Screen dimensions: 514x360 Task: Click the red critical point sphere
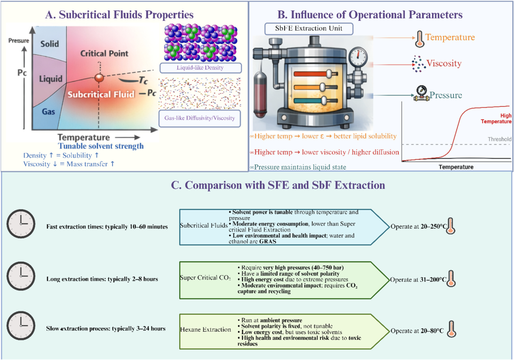pos(99,78)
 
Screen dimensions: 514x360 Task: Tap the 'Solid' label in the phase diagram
pos(50,44)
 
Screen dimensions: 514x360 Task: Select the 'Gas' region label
pos(48,111)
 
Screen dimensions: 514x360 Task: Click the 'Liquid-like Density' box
pos(200,68)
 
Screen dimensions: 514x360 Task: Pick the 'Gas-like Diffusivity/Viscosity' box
pos(200,118)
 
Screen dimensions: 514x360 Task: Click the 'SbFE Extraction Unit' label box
pos(309,29)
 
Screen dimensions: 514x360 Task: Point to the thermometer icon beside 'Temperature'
pos(420,39)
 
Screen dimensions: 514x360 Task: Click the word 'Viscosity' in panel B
pos(444,63)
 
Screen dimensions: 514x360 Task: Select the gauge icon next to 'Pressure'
pos(421,94)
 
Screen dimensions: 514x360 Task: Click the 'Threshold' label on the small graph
pos(499,139)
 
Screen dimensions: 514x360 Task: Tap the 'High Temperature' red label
pos(496,118)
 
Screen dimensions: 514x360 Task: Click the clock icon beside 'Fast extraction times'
pos(21,224)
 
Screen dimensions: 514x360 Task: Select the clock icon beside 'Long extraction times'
pos(21,276)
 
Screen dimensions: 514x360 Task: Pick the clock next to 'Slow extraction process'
pos(21,325)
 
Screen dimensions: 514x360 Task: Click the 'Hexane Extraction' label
pos(206,329)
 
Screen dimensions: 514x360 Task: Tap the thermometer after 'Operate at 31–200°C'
pos(451,279)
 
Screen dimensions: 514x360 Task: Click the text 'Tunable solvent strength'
pos(101,146)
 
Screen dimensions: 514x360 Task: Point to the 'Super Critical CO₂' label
pos(205,278)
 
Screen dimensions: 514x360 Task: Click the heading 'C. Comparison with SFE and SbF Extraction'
pos(278,185)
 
